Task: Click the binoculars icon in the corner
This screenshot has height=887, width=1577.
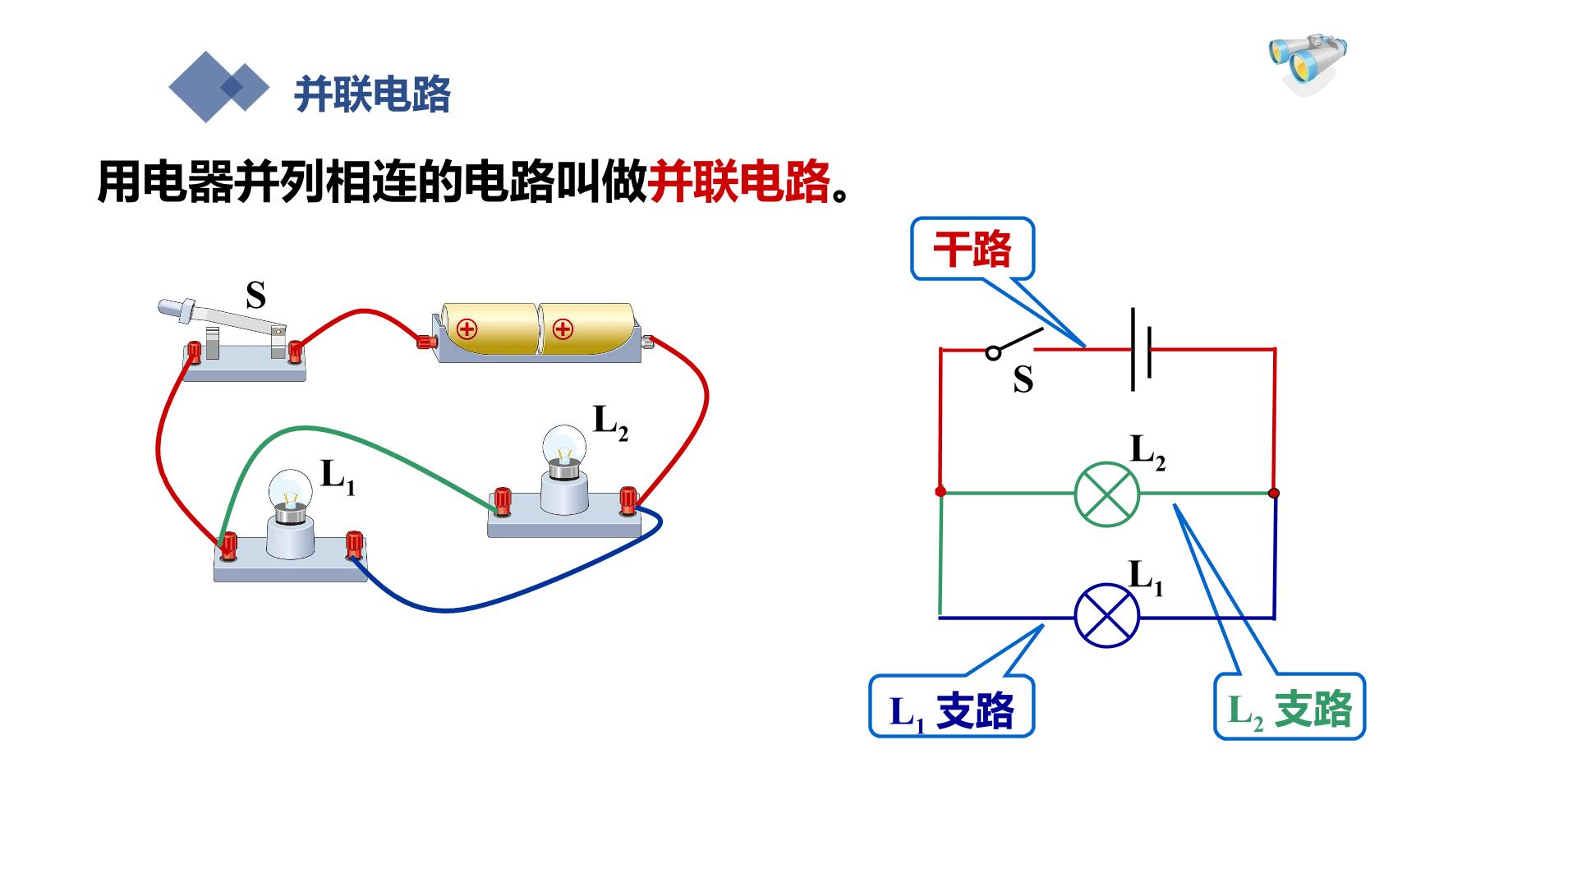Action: pos(1308,62)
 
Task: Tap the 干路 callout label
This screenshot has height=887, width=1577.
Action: pos(972,248)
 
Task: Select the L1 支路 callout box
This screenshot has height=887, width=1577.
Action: pos(951,706)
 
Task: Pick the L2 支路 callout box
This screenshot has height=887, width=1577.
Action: pos(1290,706)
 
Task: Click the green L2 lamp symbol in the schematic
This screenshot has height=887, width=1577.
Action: pos(1107,494)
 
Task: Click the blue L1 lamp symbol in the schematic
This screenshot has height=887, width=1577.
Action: pos(1107,616)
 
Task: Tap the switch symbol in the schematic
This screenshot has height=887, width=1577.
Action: pos(1014,344)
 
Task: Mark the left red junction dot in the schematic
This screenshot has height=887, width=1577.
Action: pos(940,491)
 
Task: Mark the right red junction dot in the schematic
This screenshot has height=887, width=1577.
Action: pos(1274,493)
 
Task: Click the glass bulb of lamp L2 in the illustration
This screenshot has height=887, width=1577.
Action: pos(564,446)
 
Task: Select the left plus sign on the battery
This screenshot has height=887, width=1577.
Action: pos(467,330)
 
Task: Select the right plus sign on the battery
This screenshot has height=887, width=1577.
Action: pos(563,330)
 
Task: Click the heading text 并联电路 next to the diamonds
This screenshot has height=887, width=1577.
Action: pos(373,94)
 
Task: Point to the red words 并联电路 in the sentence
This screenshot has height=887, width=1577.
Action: pos(739,182)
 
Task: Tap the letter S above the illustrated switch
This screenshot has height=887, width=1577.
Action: pos(256,295)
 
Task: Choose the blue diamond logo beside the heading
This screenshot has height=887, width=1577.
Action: pos(218,87)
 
